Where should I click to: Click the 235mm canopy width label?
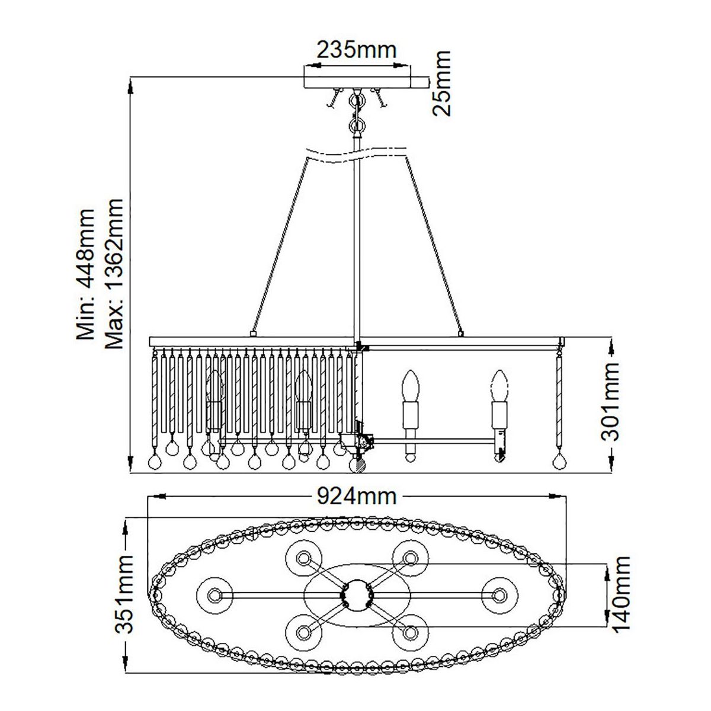click(356, 50)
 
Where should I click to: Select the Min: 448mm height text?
click(86, 274)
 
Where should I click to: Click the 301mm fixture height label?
click(610, 402)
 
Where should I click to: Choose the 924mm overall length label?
click(355, 497)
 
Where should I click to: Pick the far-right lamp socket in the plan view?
click(499, 594)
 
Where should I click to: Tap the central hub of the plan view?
click(357, 594)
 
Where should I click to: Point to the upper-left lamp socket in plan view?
click(304, 557)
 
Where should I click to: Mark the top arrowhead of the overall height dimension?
click(130, 88)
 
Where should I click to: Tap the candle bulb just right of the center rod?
click(409, 385)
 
